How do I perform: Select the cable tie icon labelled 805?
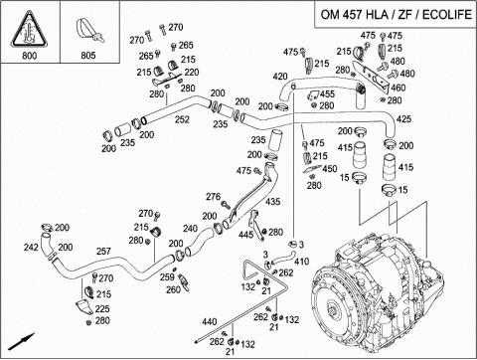coord(88,31)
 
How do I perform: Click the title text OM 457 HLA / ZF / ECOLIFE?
coord(396,15)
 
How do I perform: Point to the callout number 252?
coord(182,119)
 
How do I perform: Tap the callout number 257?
coord(103,251)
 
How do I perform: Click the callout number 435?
coord(272,201)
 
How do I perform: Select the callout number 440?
coord(210,321)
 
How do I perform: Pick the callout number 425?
coord(403,118)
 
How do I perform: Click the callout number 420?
coord(280,77)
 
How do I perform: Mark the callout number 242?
coord(31,247)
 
